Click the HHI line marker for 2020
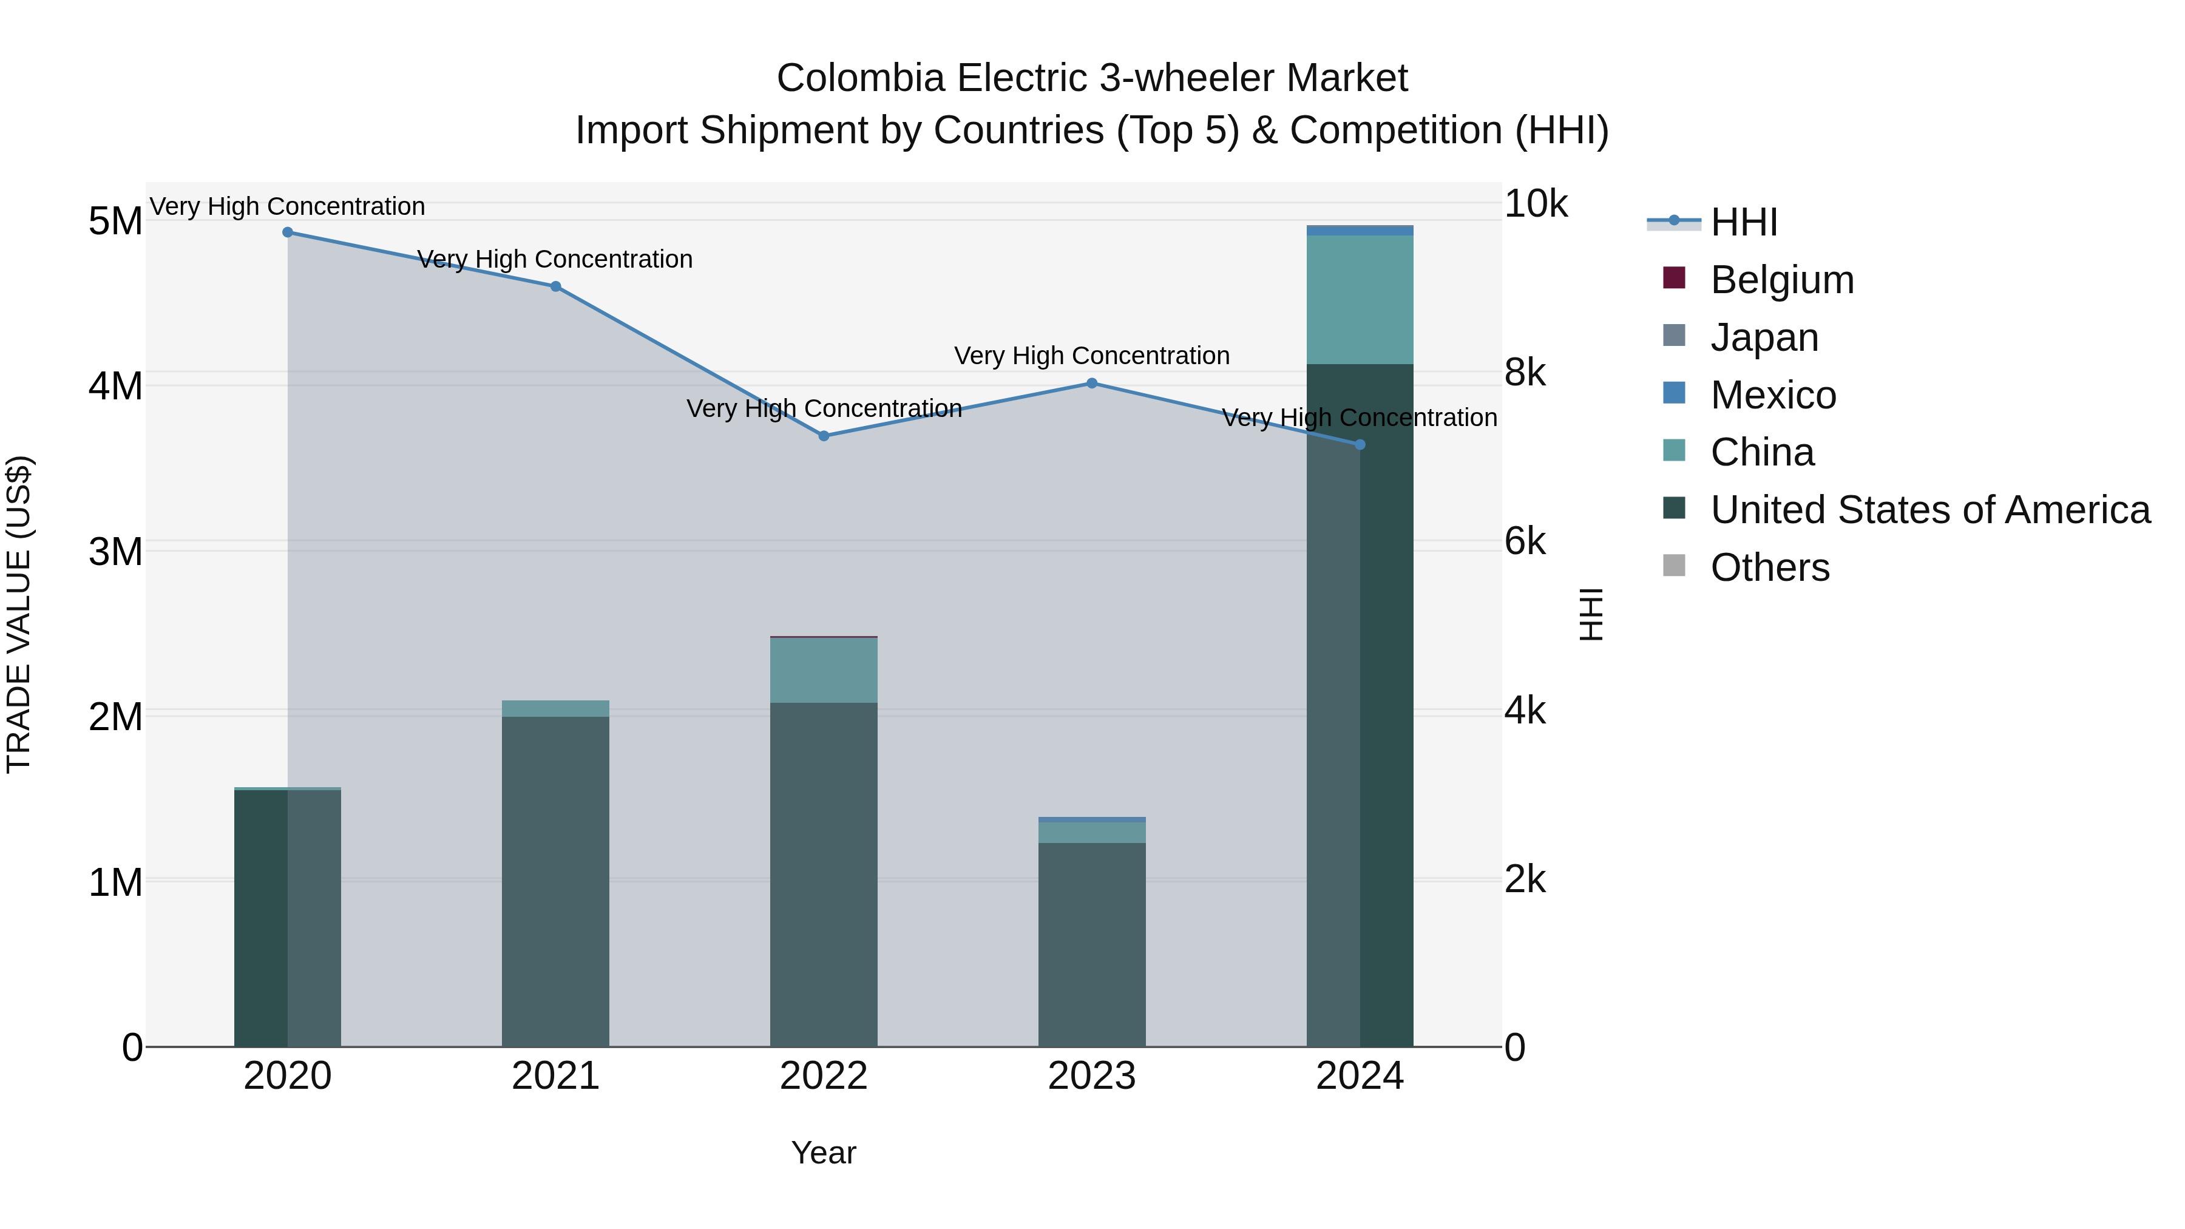288,232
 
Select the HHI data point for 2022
824,436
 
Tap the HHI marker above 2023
1092,384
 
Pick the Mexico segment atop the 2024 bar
1360,231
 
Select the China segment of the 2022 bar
824,670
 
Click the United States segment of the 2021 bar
555,882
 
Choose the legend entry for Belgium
1781,280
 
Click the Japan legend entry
1764,337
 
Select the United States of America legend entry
1929,510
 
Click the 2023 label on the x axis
1092,1076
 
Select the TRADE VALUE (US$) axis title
19,614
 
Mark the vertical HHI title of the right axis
1591,614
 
